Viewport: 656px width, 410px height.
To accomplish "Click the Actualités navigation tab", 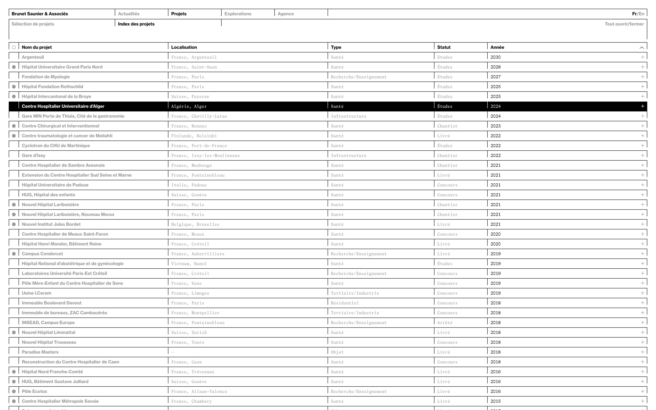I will click(129, 14).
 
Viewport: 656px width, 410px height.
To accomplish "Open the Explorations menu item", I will click(238, 14).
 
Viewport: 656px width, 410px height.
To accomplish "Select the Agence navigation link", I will click(285, 14).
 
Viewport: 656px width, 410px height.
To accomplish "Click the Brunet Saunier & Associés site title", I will click(40, 14).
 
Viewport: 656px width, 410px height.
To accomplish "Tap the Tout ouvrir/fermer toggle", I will click(624, 24).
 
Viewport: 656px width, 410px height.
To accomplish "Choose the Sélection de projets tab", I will click(33, 24).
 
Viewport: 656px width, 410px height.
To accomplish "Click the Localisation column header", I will click(184, 47).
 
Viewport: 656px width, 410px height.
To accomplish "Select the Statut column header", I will click(444, 47).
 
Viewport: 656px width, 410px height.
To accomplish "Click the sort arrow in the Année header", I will click(641, 47).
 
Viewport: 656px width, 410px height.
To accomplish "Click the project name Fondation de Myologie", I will click(46, 77).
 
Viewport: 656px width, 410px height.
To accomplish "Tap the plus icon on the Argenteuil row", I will click(642, 57).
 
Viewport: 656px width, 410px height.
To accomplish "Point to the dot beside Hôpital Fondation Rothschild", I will click(14, 87).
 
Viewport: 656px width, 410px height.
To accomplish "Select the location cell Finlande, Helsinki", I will click(194, 136).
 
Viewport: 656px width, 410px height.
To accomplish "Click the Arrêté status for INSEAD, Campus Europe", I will click(445, 323).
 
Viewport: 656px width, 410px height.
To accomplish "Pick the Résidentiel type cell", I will click(345, 303).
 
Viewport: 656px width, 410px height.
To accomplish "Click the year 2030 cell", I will click(495, 57).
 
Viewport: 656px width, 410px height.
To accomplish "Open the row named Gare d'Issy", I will click(33, 155).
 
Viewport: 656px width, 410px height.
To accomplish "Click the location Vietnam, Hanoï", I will click(189, 264).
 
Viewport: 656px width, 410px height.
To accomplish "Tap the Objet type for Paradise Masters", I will click(337, 352).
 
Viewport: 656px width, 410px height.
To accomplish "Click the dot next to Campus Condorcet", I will click(14, 254).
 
